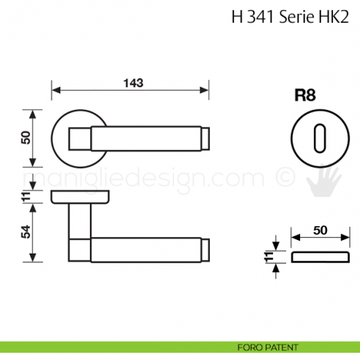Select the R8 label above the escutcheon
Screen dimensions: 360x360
pos(304,95)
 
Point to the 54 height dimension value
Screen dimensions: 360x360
pos(26,231)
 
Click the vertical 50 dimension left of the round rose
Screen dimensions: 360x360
pos(26,138)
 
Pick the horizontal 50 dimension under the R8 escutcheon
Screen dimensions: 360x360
pos(319,229)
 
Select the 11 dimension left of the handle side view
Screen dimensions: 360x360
pos(26,195)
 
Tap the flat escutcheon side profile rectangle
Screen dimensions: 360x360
pos(319,256)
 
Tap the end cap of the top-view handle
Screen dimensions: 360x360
pos(206,137)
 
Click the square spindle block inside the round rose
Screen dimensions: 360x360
pos(78,137)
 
